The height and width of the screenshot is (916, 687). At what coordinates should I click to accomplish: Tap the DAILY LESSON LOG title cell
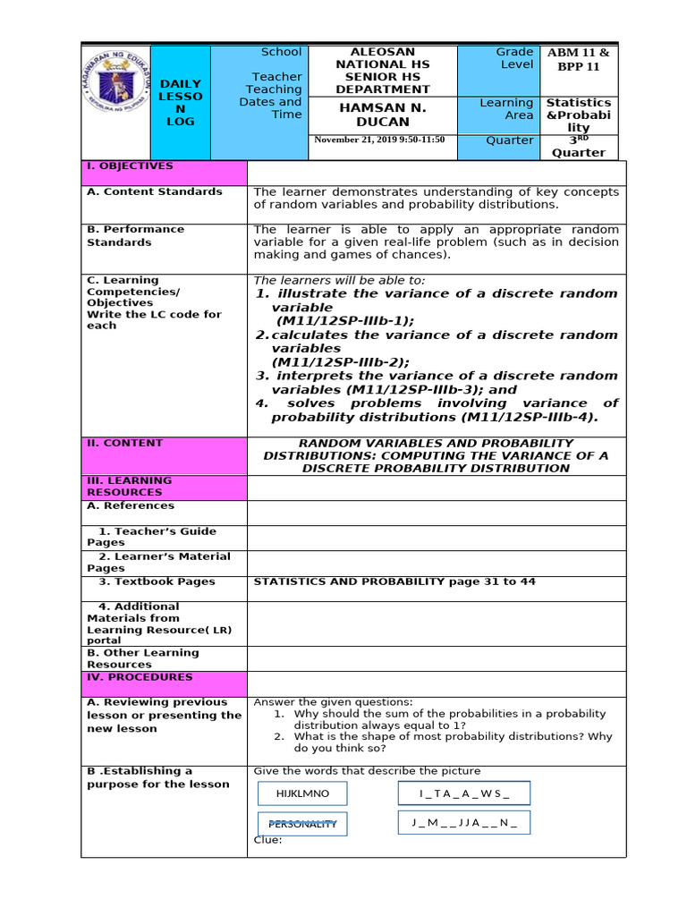click(181, 102)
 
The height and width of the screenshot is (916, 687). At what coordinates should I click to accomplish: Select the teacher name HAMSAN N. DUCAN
click(382, 114)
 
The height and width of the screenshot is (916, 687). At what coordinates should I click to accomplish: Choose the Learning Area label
click(506, 109)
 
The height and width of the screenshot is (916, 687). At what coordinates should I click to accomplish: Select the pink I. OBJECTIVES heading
click(164, 173)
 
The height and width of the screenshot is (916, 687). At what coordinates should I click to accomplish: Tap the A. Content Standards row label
click(155, 191)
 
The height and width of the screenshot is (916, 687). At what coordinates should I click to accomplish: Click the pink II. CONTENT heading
click(164, 455)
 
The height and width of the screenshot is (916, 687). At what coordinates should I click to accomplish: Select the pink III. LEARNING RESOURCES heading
click(164, 487)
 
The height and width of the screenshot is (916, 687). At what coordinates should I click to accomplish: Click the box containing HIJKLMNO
click(302, 793)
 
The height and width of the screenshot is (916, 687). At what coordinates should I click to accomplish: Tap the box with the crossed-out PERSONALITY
click(302, 824)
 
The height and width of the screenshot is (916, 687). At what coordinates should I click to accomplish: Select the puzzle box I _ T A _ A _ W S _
click(463, 793)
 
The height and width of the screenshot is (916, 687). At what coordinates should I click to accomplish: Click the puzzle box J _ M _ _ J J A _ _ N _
click(463, 822)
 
